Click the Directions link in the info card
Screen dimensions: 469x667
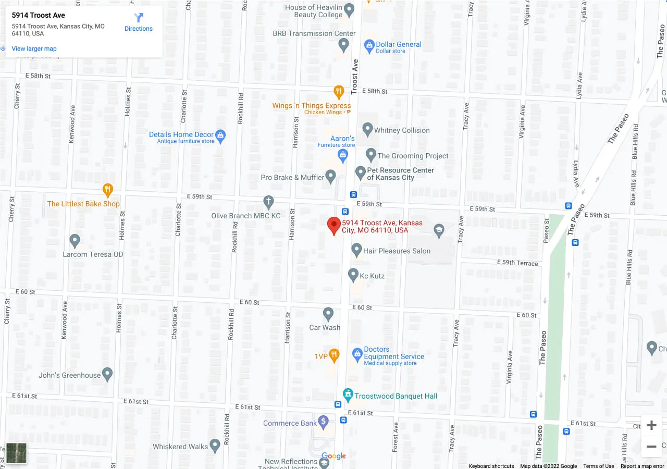(139, 22)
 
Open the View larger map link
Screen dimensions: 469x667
(34, 49)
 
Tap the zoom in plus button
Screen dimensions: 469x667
(651, 426)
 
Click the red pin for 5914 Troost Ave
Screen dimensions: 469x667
(334, 226)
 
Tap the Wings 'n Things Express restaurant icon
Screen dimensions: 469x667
(339, 92)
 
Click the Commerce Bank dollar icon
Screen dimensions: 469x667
(323, 422)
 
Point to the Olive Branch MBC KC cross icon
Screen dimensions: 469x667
(268, 202)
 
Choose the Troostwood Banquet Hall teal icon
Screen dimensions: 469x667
(348, 394)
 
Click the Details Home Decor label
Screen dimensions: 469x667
(181, 134)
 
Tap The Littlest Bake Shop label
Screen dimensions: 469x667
(83, 204)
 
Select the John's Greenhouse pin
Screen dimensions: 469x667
(107, 374)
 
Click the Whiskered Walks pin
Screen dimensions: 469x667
(215, 445)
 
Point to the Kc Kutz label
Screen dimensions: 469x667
(372, 276)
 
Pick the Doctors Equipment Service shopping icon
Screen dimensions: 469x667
(357, 355)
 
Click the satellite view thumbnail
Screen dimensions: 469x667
(16, 453)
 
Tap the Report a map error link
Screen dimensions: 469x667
(642, 466)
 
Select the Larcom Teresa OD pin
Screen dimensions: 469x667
(75, 240)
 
